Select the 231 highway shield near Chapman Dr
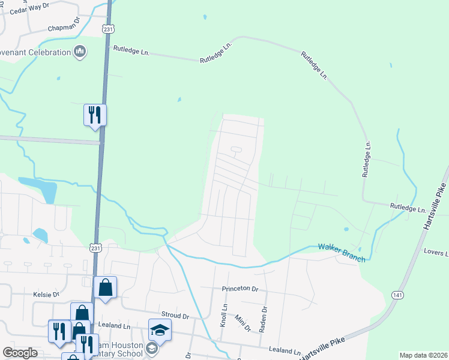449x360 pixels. click(x=108, y=29)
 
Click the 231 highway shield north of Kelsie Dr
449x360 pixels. click(x=96, y=247)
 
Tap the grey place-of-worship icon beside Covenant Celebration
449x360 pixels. click(x=80, y=53)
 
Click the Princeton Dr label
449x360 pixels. click(x=240, y=289)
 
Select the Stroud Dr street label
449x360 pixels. click(x=175, y=316)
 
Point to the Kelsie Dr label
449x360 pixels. click(x=47, y=295)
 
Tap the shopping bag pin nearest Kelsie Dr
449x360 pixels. click(x=106, y=287)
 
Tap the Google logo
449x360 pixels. click(x=20, y=353)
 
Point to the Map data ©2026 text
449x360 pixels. click(x=423, y=355)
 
